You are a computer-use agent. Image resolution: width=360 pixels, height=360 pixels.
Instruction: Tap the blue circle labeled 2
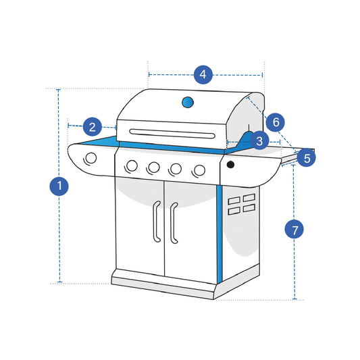93,126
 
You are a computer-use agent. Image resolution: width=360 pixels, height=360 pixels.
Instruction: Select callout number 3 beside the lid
259,140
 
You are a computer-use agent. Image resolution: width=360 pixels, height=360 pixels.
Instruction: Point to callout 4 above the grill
204,74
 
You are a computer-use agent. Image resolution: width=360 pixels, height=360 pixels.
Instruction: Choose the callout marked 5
307,158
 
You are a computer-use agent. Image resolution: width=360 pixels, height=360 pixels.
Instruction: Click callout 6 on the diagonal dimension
275,122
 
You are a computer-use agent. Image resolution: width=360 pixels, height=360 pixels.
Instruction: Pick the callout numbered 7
294,229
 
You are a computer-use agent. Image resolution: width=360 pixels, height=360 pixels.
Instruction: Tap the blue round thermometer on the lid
188,103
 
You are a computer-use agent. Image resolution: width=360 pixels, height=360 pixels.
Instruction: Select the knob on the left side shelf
90,158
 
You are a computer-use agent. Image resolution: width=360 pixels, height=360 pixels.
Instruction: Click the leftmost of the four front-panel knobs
132,165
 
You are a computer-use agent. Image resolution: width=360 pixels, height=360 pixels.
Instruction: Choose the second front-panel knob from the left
154,167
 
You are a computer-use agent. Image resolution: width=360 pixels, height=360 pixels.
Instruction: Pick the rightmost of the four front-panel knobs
199,170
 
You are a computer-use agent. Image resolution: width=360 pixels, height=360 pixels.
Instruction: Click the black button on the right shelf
230,165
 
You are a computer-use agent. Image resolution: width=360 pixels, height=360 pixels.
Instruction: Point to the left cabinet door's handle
156,222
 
